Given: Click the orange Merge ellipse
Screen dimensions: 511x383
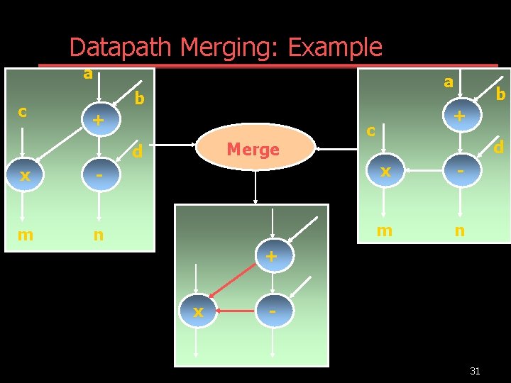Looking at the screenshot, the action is pyautogui.click(x=253, y=150).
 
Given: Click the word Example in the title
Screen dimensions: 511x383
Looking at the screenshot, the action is pyautogui.click(x=335, y=48).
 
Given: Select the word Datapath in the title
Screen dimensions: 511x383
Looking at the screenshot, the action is pyautogui.click(x=121, y=48).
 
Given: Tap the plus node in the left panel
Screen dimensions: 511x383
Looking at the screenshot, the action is pyautogui.click(x=99, y=121).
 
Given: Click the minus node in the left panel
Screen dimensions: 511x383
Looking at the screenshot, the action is pyautogui.click(x=99, y=174).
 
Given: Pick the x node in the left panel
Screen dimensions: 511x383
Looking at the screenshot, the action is pyautogui.click(x=25, y=174).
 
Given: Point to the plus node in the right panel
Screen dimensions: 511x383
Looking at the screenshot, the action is pyautogui.click(x=460, y=116).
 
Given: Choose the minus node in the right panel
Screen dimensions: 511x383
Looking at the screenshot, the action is pyautogui.click(x=460, y=171).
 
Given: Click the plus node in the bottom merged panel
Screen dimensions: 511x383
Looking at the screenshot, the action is pyautogui.click(x=271, y=256).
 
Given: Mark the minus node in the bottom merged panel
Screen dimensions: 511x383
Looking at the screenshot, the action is pyautogui.click(x=273, y=311).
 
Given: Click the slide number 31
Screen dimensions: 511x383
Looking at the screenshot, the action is pyautogui.click(x=475, y=371).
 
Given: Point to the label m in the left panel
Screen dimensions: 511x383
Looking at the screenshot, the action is pyautogui.click(x=25, y=234).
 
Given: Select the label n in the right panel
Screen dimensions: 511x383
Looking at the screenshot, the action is pyautogui.click(x=460, y=231).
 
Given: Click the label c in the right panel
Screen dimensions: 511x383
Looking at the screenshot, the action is pyautogui.click(x=370, y=131).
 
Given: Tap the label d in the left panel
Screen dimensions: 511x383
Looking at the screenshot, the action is pyautogui.click(x=139, y=151).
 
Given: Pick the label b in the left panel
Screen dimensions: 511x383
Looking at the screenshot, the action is pyautogui.click(x=140, y=99).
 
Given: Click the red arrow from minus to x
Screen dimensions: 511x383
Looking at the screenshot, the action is pyautogui.click(x=236, y=311).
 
